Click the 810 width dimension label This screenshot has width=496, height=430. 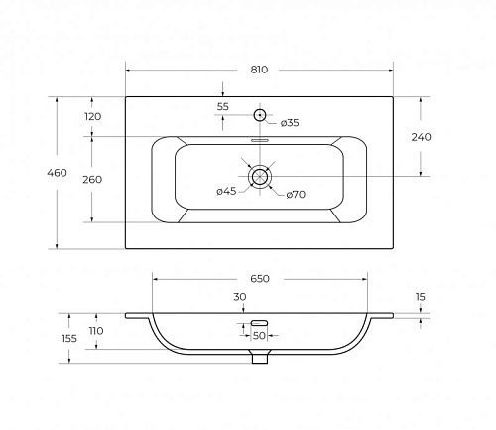point(259,70)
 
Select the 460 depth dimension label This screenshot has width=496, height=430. point(57,173)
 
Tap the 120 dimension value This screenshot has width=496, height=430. point(92,116)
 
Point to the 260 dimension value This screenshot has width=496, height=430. point(92,179)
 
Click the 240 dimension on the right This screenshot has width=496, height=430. point(421,137)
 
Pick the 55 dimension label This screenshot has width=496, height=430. point(223,107)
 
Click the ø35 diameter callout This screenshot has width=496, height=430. point(290,123)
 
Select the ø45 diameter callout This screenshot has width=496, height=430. point(226,191)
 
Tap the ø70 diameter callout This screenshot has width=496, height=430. point(296,195)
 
